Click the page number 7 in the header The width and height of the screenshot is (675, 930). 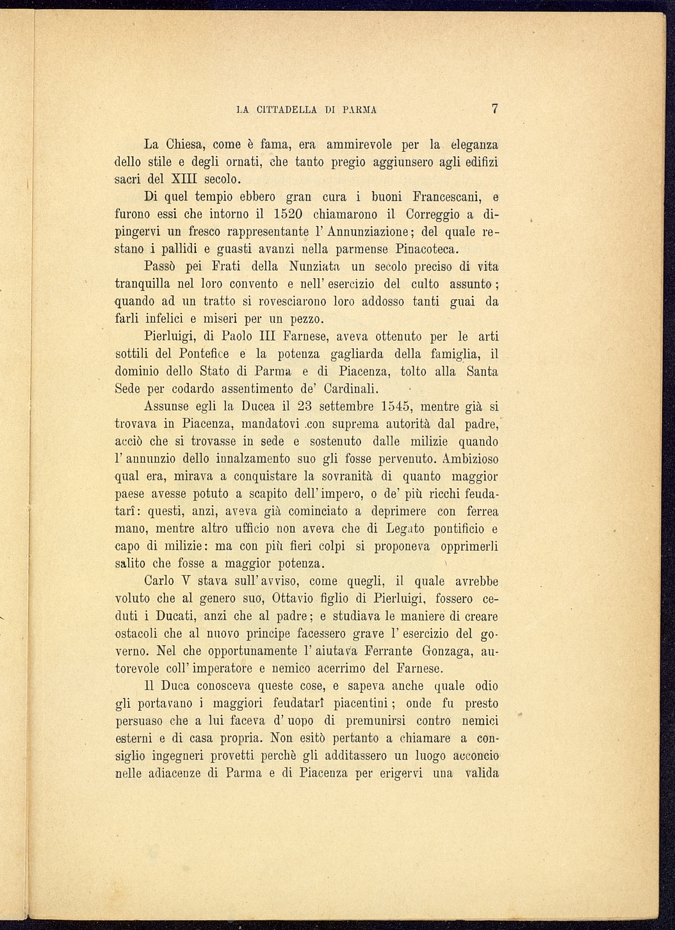(x=494, y=108)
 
